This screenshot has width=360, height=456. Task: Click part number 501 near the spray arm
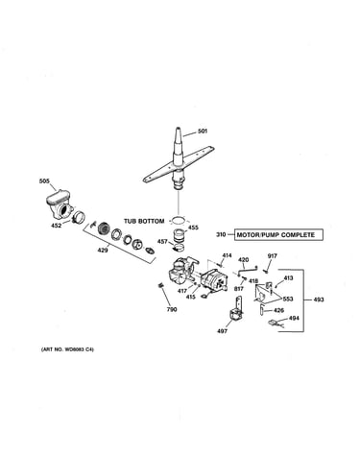pos(203,131)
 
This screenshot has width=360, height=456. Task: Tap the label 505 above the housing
pos(44,181)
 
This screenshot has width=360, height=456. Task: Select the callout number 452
pos(56,226)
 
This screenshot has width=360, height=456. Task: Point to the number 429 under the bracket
pos(103,250)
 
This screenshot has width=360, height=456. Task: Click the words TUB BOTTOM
pos(144,221)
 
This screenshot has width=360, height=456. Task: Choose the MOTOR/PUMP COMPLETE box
pos(278,235)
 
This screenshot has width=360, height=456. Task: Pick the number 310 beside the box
pos(221,235)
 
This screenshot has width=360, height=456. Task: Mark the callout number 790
pos(172,309)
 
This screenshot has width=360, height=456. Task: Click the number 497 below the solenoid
pos(222,331)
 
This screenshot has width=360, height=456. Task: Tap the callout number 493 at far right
pos(319,300)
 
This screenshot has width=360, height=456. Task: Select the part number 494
pos(294,318)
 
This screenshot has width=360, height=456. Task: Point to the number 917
pos(273,256)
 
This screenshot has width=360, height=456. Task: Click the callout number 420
pos(243,260)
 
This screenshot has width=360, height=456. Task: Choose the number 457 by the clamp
pos(162,242)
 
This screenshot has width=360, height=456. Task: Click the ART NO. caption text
pos(67,349)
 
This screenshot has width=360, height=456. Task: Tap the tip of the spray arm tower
pos(178,129)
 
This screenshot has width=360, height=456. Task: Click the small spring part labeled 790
pos(161,285)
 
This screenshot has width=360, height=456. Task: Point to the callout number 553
pos(288,299)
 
